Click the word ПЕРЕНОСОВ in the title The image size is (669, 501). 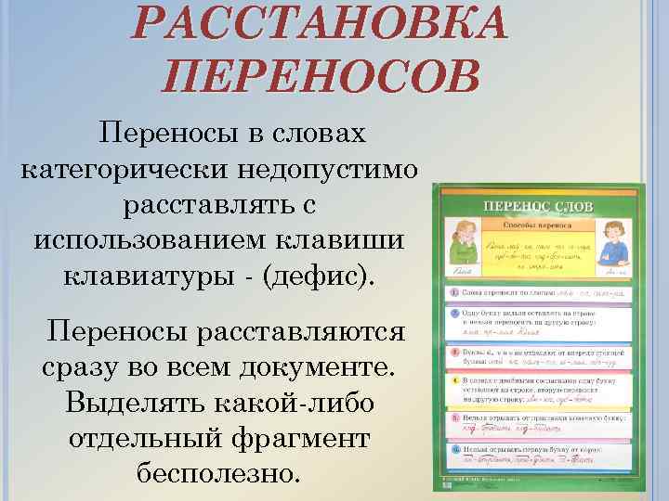tap(321, 75)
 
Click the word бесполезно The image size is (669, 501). tap(219, 473)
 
